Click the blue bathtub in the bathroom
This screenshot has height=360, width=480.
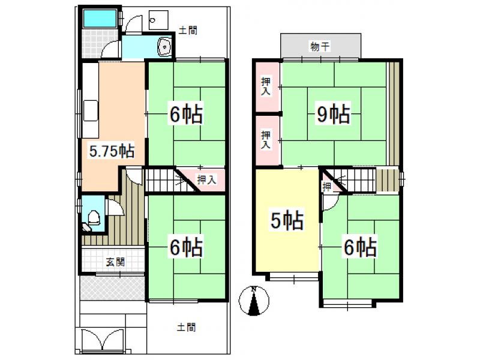point(100,19)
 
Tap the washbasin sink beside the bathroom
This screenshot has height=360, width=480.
point(164,47)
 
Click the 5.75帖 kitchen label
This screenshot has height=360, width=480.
point(112,151)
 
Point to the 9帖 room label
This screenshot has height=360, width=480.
point(334,113)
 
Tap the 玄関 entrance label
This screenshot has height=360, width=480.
point(115,262)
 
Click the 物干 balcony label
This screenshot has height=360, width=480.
point(320,47)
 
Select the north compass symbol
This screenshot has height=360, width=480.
point(253,301)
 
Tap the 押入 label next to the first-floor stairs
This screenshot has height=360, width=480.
point(207,179)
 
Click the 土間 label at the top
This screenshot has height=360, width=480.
point(187,31)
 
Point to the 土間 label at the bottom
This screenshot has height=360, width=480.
point(186,327)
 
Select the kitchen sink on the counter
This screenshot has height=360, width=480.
point(91,110)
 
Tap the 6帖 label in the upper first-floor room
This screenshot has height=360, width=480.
point(186,115)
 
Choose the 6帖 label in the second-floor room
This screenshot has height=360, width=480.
point(360,247)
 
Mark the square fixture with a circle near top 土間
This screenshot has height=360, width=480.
point(158,20)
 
